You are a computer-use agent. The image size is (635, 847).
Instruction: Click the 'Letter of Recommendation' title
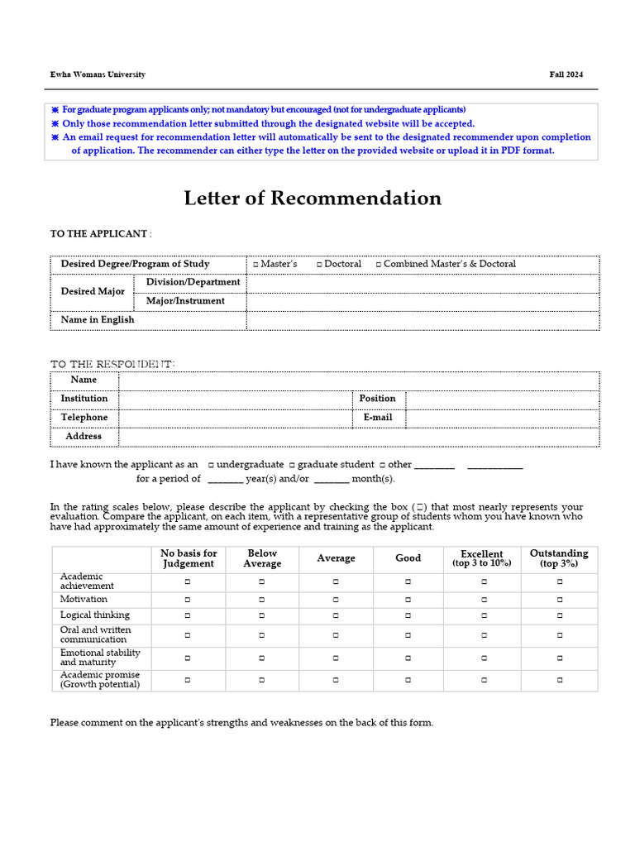coord(313,199)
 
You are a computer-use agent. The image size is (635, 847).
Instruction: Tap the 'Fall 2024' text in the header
coord(566,74)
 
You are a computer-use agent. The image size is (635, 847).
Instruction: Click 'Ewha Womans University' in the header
coord(98,74)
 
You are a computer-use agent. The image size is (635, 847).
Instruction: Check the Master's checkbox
coord(255,265)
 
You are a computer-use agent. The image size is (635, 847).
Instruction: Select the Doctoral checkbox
coord(319,265)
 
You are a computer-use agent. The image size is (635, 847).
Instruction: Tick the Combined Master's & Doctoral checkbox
coord(379,265)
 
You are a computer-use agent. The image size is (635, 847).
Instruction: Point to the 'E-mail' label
coord(378,418)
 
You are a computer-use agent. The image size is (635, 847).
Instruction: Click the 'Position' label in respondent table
coord(378,399)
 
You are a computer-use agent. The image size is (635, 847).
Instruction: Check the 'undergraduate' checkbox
coord(212,466)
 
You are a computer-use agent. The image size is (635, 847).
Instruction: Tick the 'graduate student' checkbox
coord(293,466)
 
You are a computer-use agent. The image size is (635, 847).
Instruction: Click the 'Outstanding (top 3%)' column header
coord(559,558)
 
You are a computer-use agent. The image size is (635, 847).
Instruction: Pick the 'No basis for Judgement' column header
coord(189,558)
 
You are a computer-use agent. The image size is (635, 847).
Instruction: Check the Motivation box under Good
coord(408,600)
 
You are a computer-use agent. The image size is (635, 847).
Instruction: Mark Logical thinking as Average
coord(336,615)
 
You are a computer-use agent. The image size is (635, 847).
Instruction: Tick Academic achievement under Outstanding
coord(560,582)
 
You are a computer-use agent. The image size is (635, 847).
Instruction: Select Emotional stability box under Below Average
coord(262,658)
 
